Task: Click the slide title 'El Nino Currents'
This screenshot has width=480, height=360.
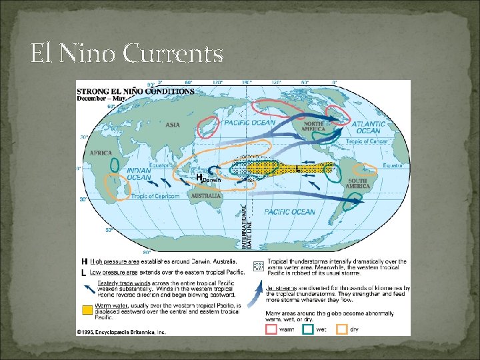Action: pyautogui.click(x=127, y=54)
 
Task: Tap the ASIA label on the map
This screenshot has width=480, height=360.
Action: pyautogui.click(x=173, y=125)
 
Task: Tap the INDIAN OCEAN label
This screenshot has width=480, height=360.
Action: pyautogui.click(x=138, y=175)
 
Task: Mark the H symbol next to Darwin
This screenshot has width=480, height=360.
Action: pyautogui.click(x=199, y=177)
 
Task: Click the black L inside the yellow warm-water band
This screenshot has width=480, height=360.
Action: pyautogui.click(x=297, y=169)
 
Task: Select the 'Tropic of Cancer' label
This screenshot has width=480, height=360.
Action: pyautogui.click(x=366, y=141)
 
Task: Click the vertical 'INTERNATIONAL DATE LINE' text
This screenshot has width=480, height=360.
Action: pyautogui.click(x=247, y=227)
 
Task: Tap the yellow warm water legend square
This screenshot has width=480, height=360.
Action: pyautogui.click(x=87, y=310)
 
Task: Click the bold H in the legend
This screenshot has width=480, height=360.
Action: pyautogui.click(x=85, y=261)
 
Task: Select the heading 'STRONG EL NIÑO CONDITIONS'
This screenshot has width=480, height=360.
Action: pyautogui.click(x=135, y=91)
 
